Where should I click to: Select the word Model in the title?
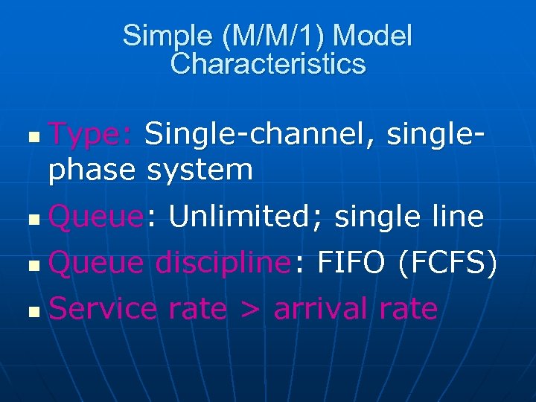376,36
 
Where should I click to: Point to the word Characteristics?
268,64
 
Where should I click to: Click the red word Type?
90,135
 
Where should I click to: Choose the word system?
200,171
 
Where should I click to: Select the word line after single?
451,217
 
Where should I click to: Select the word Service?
103,308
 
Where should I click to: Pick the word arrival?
320,308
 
